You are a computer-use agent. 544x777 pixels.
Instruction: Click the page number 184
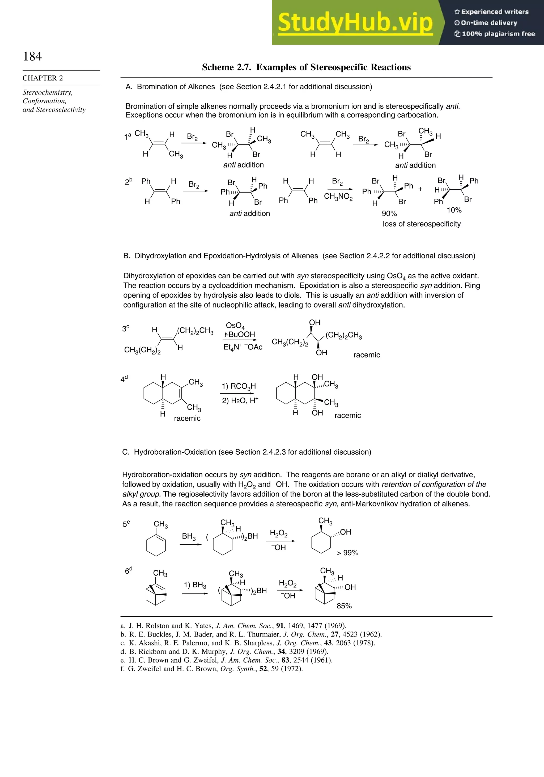(x=32, y=56)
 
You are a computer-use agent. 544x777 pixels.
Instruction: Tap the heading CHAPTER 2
(x=43, y=78)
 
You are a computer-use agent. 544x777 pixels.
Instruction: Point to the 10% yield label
(x=454, y=210)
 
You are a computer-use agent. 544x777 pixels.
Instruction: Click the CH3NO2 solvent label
(x=338, y=197)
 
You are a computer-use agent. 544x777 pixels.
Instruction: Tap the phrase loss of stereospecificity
(x=422, y=224)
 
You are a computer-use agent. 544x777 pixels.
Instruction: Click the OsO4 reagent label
(x=235, y=326)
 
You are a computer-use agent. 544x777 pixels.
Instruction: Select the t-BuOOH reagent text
(x=239, y=334)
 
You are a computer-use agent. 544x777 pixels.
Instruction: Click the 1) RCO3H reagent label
(x=239, y=386)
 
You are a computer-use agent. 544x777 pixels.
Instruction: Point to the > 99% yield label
(x=347, y=553)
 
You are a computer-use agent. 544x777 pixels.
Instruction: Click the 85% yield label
(x=344, y=606)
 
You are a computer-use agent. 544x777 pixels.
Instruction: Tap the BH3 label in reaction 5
(x=189, y=536)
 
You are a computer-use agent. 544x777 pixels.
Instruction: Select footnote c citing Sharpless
(x=248, y=643)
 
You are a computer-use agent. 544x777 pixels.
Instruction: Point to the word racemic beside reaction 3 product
(x=367, y=355)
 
